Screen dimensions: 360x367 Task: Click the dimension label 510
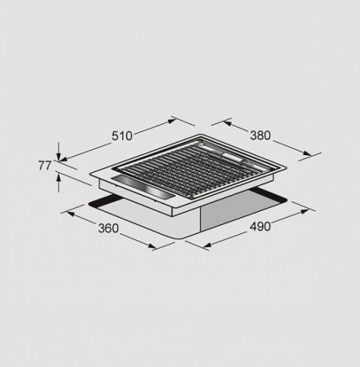tap(122, 136)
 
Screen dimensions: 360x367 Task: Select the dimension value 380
tap(261, 135)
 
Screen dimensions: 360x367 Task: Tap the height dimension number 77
tap(45, 166)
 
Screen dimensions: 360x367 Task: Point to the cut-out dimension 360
tap(108, 228)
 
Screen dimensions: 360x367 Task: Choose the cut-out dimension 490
tap(260, 226)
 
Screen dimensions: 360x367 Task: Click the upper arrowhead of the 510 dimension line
tap(172, 121)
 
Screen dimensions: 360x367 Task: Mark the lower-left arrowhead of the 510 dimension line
tap(63, 159)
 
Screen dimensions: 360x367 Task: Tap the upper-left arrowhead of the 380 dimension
tap(226, 123)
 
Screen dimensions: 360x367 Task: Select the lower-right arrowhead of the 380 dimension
tap(308, 153)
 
